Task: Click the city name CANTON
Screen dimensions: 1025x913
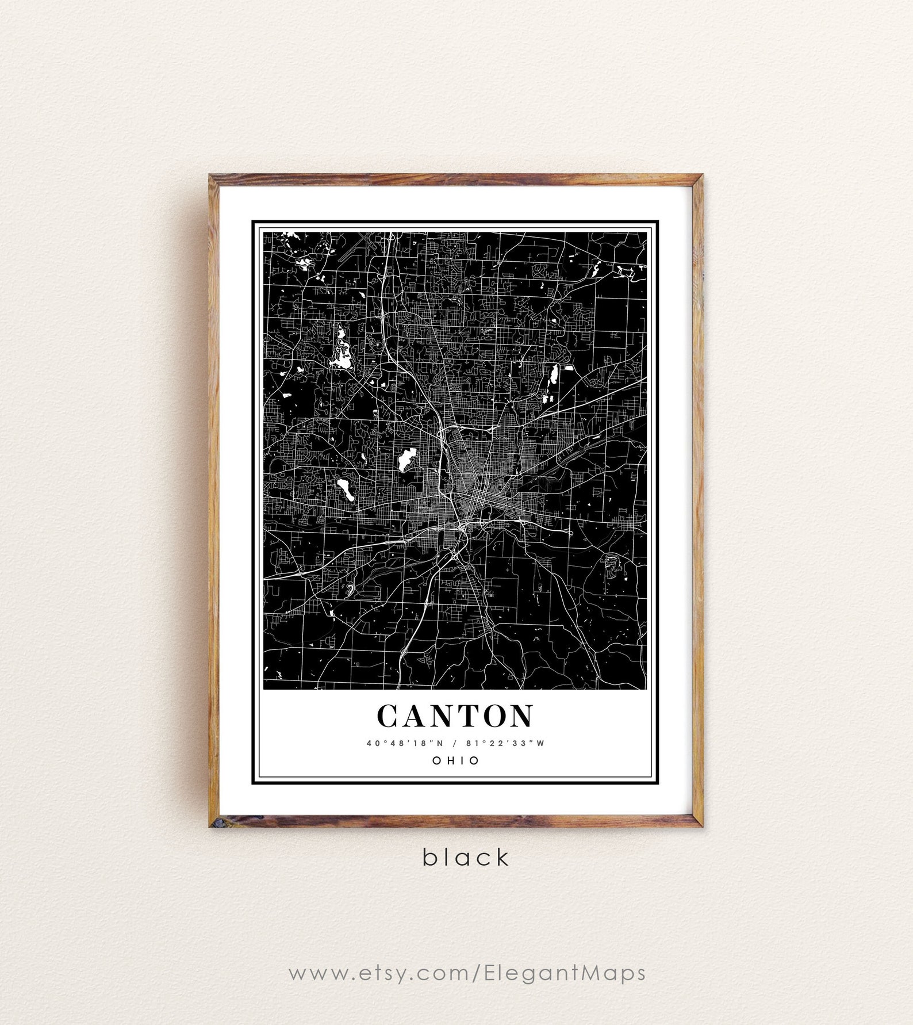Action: click(x=455, y=716)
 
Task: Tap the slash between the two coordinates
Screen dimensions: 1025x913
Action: click(x=454, y=743)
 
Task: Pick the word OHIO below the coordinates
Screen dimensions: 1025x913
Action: click(x=455, y=760)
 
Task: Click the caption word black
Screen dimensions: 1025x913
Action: click(x=466, y=857)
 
